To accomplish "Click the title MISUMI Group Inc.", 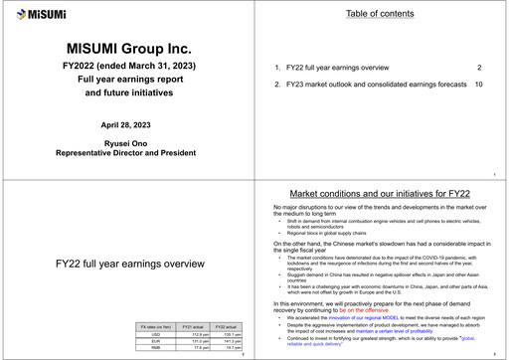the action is click(127, 50).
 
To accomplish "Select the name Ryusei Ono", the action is click(127, 144).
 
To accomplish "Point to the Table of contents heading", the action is click(382, 14).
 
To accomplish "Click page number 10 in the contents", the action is click(478, 85).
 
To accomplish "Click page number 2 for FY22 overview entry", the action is click(479, 68).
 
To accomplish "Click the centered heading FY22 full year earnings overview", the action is click(127, 266).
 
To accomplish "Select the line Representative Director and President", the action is click(127, 155).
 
